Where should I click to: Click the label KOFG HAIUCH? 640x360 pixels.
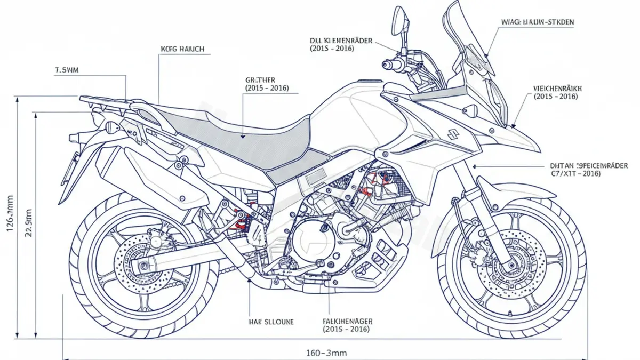coord(182,49)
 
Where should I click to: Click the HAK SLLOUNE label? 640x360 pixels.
coord(271,322)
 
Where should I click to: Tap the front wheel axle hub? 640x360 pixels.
coord(511,263)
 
